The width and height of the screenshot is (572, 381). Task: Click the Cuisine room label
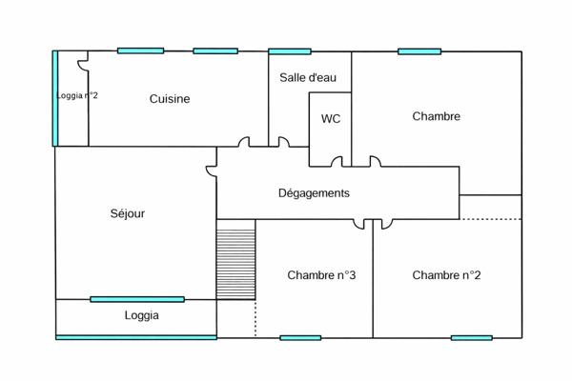click(170, 98)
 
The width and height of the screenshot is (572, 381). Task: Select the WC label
click(331, 119)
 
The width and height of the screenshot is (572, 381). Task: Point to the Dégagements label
click(314, 192)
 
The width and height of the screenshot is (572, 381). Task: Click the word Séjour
click(127, 213)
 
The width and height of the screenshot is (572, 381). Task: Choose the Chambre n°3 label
click(321, 275)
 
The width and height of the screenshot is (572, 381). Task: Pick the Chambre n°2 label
click(446, 275)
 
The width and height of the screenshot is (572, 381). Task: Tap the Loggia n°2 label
click(77, 95)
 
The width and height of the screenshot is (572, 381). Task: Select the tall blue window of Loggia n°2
click(55, 98)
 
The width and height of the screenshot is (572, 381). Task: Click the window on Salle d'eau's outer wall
click(289, 51)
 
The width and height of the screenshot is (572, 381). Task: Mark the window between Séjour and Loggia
click(137, 299)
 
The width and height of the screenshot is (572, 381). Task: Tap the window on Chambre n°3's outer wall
click(300, 337)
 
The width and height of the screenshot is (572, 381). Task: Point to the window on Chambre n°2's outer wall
click(471, 337)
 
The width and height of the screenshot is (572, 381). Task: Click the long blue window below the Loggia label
click(136, 336)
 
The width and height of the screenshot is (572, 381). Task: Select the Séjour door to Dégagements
click(211, 171)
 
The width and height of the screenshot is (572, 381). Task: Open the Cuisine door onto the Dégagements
click(244, 143)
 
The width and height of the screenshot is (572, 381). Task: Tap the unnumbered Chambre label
click(437, 116)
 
